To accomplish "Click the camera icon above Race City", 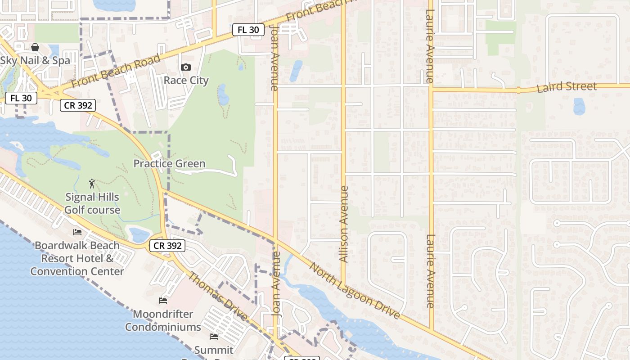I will (x=185, y=67).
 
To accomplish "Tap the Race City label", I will (x=186, y=81).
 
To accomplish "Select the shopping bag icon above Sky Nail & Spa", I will (x=35, y=47).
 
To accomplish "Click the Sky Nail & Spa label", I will (x=35, y=61).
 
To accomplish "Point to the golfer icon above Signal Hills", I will (x=92, y=184).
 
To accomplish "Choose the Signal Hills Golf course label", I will (x=92, y=203).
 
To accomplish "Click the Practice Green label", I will (x=169, y=164).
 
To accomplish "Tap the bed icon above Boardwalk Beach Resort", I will (x=77, y=232).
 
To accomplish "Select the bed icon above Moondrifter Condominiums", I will (x=163, y=301).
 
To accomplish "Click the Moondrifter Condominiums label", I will (x=163, y=320).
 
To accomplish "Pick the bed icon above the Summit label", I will (x=214, y=337).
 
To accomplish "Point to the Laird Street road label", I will (x=567, y=87).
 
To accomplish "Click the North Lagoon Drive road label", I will (x=355, y=291).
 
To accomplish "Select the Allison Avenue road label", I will (x=344, y=224).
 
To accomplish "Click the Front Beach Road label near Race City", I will (x=116, y=72).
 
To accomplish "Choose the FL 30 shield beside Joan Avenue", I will (x=248, y=30).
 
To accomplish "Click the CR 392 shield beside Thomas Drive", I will (x=167, y=246).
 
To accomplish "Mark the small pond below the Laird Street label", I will (x=579, y=107).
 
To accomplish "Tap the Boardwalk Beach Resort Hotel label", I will (x=77, y=258).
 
